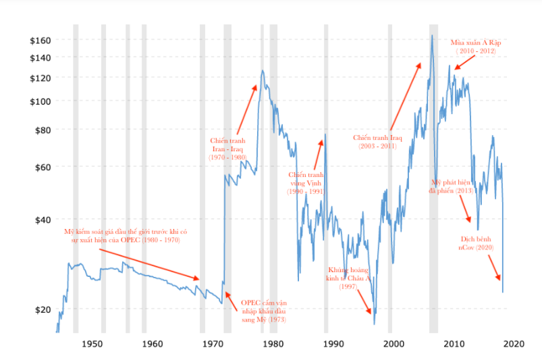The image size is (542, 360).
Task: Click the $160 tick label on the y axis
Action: [40, 41]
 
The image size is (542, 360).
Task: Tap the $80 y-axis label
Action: [43, 130]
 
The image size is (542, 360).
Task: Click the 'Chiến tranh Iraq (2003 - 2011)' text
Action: [377, 141]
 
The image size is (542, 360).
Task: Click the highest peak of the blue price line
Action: [431, 35]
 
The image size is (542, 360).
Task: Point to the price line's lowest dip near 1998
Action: [375, 323]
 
